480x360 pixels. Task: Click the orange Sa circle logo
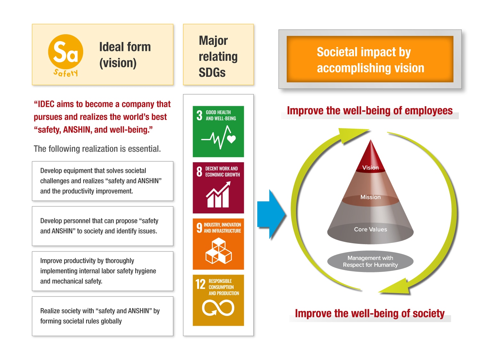click(66, 52)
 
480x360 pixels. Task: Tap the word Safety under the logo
click(66, 73)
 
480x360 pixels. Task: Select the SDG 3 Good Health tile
click(218, 132)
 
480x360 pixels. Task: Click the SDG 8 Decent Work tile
click(218, 188)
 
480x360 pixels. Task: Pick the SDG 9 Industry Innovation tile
click(218, 244)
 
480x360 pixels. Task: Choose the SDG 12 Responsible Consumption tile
click(218, 300)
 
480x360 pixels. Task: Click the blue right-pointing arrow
click(271, 214)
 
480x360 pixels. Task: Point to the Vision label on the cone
click(370, 168)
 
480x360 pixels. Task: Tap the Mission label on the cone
click(370, 197)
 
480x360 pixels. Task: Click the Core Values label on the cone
click(370, 229)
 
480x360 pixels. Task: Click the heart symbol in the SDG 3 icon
click(231, 139)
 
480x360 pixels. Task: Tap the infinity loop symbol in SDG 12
click(218, 308)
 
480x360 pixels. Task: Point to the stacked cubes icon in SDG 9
click(219, 251)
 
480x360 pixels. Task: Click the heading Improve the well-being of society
click(370, 313)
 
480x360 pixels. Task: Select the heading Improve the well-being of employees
click(370, 111)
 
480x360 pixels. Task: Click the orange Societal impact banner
click(370, 59)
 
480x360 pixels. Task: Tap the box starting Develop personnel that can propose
click(103, 226)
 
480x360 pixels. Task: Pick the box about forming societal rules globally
click(103, 316)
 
